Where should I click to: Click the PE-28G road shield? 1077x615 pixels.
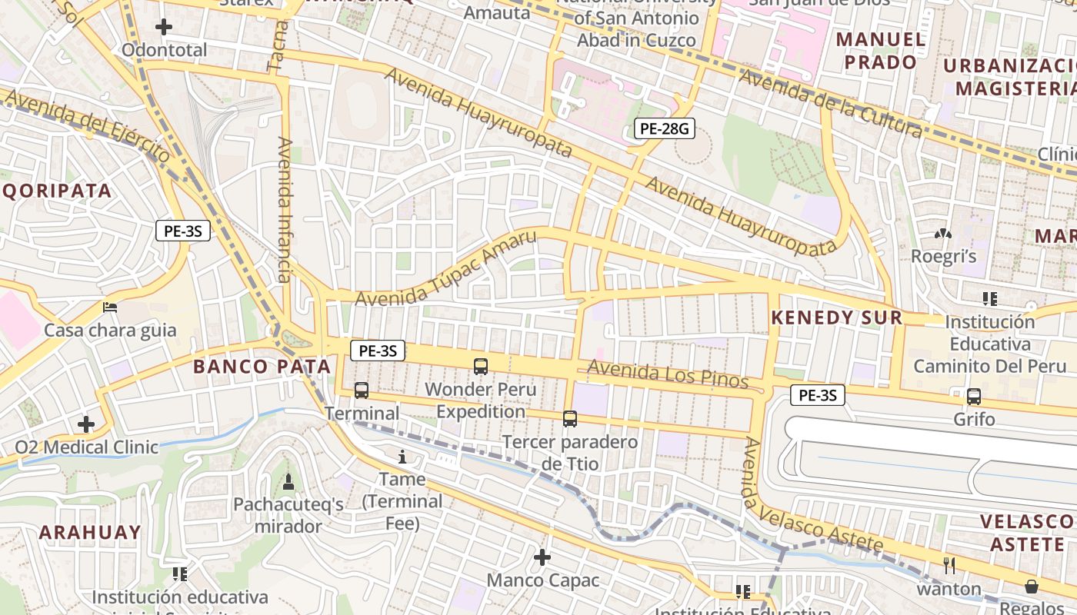point(664,129)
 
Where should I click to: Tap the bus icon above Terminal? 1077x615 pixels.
point(362,391)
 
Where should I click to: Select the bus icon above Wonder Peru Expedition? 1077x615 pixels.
point(481,367)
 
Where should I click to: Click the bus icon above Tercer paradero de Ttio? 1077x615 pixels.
point(569,419)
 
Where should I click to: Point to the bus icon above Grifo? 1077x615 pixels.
point(974,397)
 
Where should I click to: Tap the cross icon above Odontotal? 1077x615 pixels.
point(164,28)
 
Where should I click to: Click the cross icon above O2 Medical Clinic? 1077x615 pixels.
point(86,424)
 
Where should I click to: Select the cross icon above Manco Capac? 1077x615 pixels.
point(542,557)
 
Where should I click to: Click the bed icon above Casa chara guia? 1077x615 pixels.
point(110,307)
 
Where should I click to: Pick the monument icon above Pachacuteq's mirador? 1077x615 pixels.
point(288,482)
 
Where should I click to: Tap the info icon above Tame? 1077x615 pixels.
point(402,457)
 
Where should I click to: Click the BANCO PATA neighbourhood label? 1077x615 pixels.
point(262,367)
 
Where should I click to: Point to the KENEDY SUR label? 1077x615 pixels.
point(836,317)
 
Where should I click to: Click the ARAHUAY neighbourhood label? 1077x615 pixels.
point(90,532)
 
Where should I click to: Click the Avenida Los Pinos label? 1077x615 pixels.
point(668,374)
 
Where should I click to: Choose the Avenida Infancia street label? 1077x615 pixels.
point(284,209)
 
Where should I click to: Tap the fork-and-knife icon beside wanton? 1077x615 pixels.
point(949,566)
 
